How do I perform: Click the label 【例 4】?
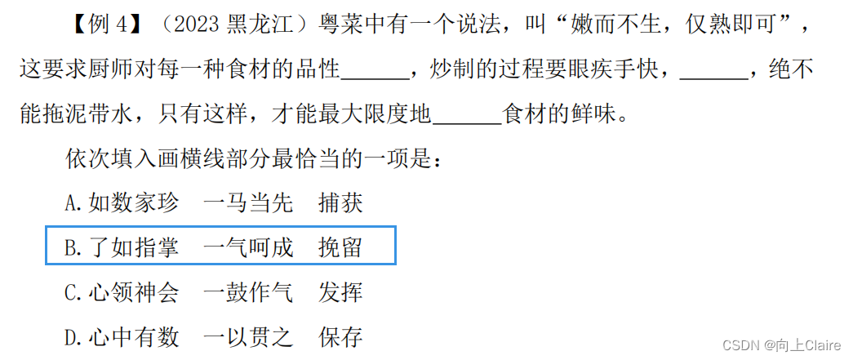click(104, 25)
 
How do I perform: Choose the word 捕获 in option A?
click(340, 203)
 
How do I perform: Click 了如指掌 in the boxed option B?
click(134, 247)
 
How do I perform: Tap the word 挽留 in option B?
click(340, 247)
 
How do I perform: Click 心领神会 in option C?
click(134, 292)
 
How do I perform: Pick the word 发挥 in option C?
click(340, 292)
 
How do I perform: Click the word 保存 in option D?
click(340, 336)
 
